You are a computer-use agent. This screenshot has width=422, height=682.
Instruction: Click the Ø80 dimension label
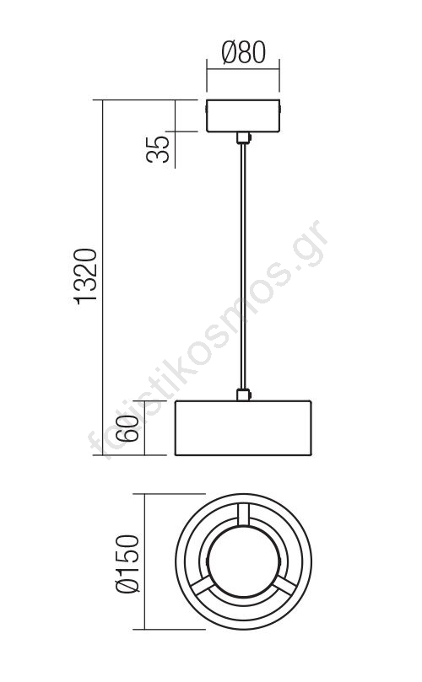tap(243, 52)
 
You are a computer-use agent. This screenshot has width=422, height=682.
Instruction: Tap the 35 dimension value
tap(158, 149)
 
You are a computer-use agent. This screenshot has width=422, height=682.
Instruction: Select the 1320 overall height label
tap(85, 277)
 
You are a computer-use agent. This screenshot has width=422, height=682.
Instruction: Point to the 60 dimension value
tap(129, 428)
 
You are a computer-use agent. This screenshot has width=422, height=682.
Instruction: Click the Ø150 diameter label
tap(128, 564)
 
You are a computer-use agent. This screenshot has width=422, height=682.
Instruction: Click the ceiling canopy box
tap(243, 115)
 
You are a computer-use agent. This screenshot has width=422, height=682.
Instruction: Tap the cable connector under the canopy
tap(243, 138)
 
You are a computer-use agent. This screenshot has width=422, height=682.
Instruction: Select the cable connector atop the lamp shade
tap(243, 395)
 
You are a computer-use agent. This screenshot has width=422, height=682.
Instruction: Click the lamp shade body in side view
tap(243, 428)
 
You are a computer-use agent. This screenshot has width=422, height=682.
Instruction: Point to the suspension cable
tap(243, 266)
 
